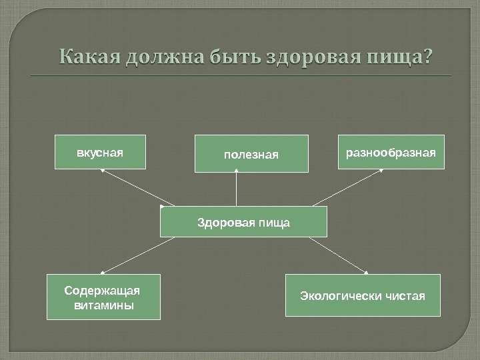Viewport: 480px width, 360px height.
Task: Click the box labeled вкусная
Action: click(100, 151)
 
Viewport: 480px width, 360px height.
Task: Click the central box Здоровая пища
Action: click(243, 221)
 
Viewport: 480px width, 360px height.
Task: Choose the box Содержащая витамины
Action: click(103, 297)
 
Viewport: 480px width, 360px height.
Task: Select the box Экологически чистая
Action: click(363, 295)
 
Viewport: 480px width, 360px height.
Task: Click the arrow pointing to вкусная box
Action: click(137, 187)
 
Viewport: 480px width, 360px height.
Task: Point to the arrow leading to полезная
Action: click(237, 189)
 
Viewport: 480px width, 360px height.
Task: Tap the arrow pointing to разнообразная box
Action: click(349, 187)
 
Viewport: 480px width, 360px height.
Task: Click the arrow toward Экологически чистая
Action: click(339, 255)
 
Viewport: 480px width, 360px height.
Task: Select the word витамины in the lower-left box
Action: click(103, 305)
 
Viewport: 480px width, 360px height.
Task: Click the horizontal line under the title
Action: click(241, 76)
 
